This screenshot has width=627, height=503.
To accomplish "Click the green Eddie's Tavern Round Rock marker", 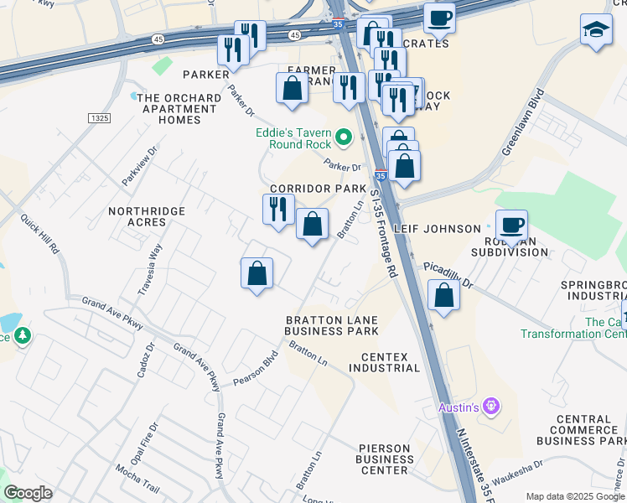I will tap(343, 137).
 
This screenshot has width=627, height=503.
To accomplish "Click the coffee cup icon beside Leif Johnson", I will tap(510, 225).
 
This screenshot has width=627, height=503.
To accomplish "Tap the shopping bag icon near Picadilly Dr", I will tap(443, 295).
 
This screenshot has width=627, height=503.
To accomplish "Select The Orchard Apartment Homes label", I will tap(181, 109).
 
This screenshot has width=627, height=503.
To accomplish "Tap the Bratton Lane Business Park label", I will tap(331, 325).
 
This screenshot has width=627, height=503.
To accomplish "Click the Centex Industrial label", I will tap(390, 362).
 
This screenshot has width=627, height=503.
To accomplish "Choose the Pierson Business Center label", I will tap(384, 459).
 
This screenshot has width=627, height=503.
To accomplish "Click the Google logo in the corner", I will tap(28, 493).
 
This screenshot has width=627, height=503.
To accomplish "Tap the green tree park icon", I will tap(23, 337).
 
